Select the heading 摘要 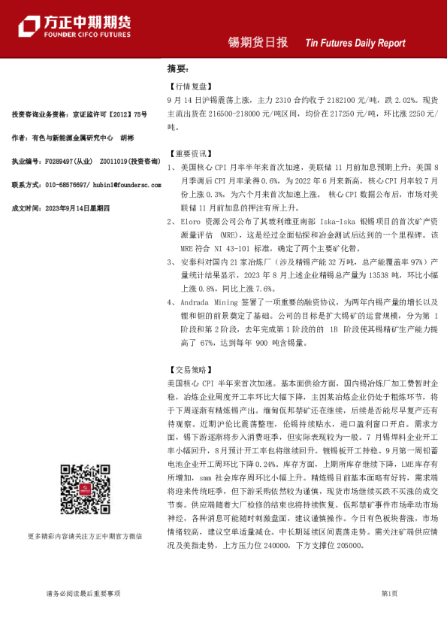click(177, 68)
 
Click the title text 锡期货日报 click(258, 43)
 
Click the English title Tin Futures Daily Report click(355, 44)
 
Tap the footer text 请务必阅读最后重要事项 click(83, 594)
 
